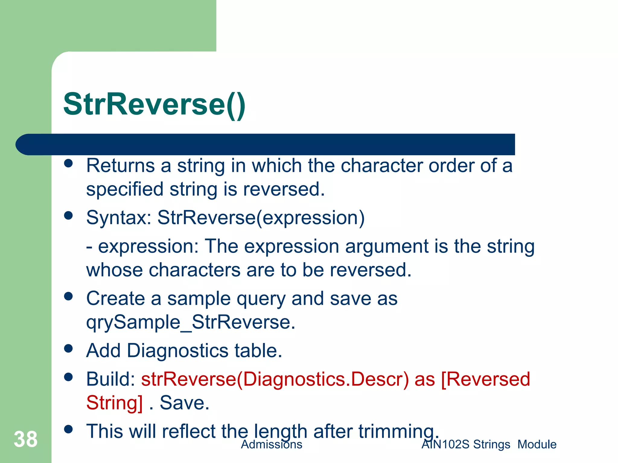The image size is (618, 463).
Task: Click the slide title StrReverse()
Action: [154, 104]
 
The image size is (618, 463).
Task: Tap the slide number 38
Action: [26, 439]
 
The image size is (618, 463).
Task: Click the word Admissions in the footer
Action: [271, 445]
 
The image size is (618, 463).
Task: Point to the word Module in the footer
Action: [537, 445]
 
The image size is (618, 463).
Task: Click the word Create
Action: [116, 298]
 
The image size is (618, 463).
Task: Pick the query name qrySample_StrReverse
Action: [190, 322]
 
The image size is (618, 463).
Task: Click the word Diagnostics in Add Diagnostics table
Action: [178, 351]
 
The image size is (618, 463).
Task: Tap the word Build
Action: [110, 379]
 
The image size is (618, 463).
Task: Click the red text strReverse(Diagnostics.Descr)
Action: [275, 379]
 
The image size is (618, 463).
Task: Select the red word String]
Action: [114, 403]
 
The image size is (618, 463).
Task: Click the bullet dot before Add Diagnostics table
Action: [69, 348]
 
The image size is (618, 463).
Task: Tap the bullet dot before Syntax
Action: [69, 216]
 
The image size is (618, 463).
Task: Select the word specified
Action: [125, 190]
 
